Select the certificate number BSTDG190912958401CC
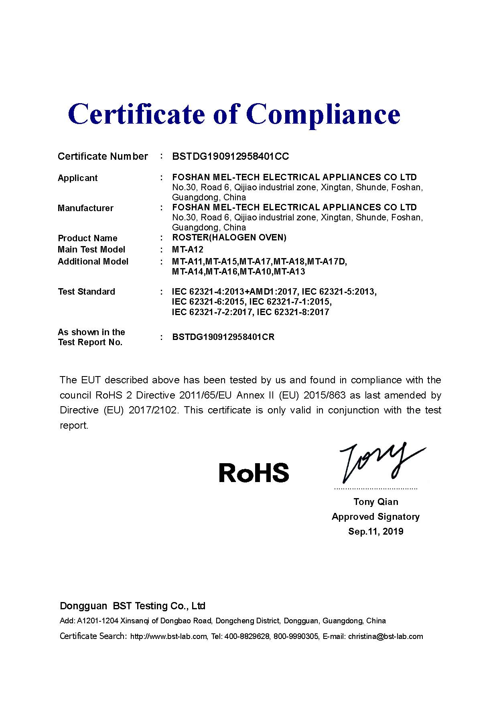tap(230, 157)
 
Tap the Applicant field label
tap(77, 178)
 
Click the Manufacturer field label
tap(85, 208)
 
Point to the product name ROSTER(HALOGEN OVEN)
tap(229, 238)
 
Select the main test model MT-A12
tap(188, 250)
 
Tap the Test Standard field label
tap(86, 292)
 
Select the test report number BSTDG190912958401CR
tap(223, 337)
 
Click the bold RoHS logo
tap(254, 472)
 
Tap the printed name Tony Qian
tap(376, 502)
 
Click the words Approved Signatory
tap(375, 517)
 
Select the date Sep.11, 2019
tap(376, 531)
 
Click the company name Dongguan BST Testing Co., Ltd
tap(132, 606)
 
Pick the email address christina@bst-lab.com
tap(385, 636)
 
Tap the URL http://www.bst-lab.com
tap(169, 636)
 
